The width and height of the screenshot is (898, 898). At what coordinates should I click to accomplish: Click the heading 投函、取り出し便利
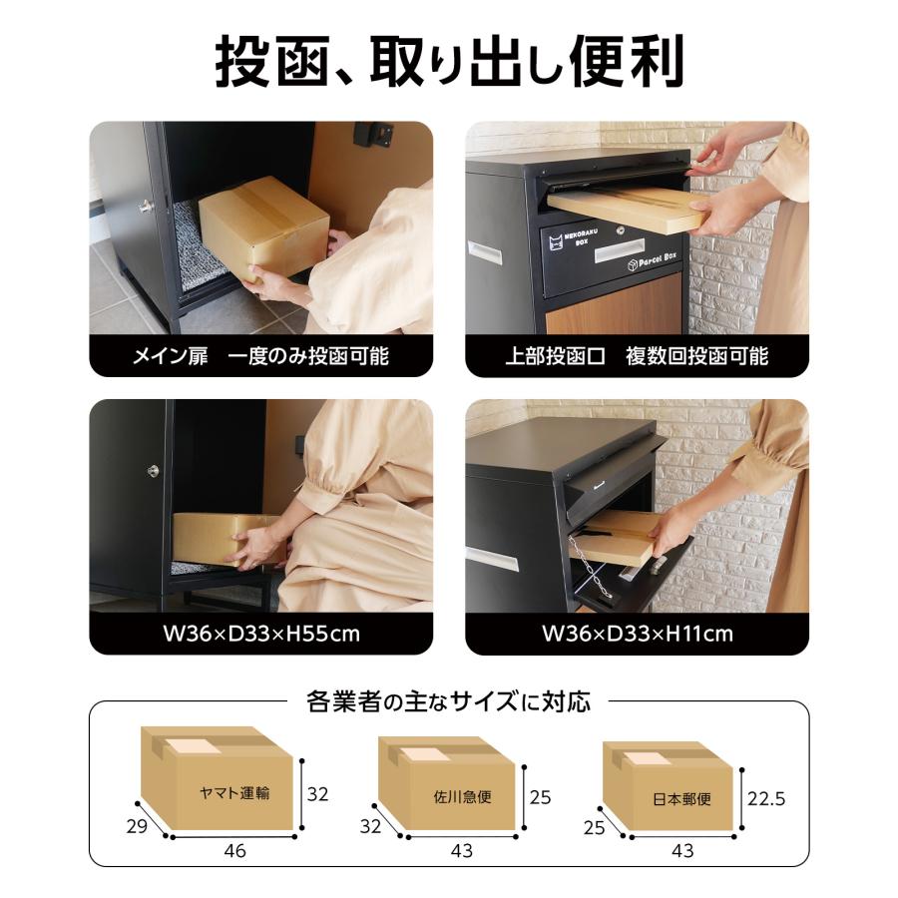pyautogui.click(x=449, y=62)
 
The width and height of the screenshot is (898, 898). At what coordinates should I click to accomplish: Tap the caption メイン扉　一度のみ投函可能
pyautogui.click(x=260, y=356)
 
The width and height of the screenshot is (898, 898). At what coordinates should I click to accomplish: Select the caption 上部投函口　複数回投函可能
pyautogui.click(x=637, y=356)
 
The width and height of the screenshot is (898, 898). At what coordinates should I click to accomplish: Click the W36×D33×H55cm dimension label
pyautogui.click(x=260, y=634)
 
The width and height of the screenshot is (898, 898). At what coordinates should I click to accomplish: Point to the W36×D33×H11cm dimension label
pyautogui.click(x=637, y=634)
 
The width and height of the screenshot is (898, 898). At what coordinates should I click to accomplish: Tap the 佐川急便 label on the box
pyautogui.click(x=462, y=798)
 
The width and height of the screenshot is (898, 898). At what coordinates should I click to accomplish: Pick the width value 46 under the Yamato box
pyautogui.click(x=234, y=851)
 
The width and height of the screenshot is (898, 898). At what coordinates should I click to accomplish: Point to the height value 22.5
pyautogui.click(x=766, y=798)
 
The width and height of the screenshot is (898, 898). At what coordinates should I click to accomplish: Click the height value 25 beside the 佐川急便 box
pyautogui.click(x=540, y=798)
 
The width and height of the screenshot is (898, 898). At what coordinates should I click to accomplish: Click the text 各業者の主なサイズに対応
pyautogui.click(x=448, y=701)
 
